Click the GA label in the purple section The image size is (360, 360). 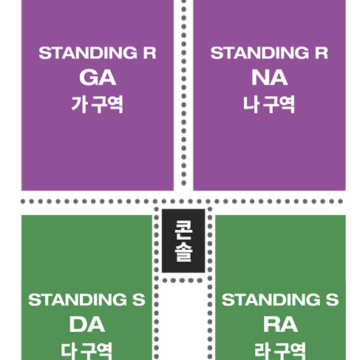pyautogui.click(x=98, y=78)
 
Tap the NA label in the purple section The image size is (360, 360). pyautogui.click(x=269, y=78)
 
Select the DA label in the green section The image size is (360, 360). pyautogui.click(x=87, y=325)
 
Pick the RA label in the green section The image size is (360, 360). pyautogui.click(x=281, y=325)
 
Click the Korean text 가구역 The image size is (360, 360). pyautogui.click(x=97, y=104)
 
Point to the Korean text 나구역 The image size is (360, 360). pyautogui.click(x=269, y=104)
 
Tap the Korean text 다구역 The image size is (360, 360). pyautogui.click(x=86, y=351)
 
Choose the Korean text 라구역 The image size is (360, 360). pyautogui.click(x=280, y=351)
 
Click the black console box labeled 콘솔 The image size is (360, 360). pyautogui.click(x=183, y=241)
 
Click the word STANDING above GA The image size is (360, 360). pyautogui.click(x=88, y=52)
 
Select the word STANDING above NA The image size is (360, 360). pyautogui.click(x=259, y=52)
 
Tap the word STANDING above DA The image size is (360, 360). pyautogui.click(x=78, y=299)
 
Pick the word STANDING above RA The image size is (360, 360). pyautogui.click(x=271, y=299)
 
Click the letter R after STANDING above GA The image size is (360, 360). pyautogui.click(x=150, y=52)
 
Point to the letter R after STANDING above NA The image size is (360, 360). pyautogui.click(x=322, y=52)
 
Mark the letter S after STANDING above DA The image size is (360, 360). pyautogui.click(x=139, y=299)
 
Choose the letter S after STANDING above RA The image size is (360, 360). pyautogui.click(x=333, y=299)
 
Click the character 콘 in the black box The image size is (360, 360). pyautogui.click(x=183, y=230)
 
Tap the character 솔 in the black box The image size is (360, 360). pyautogui.click(x=183, y=251)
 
